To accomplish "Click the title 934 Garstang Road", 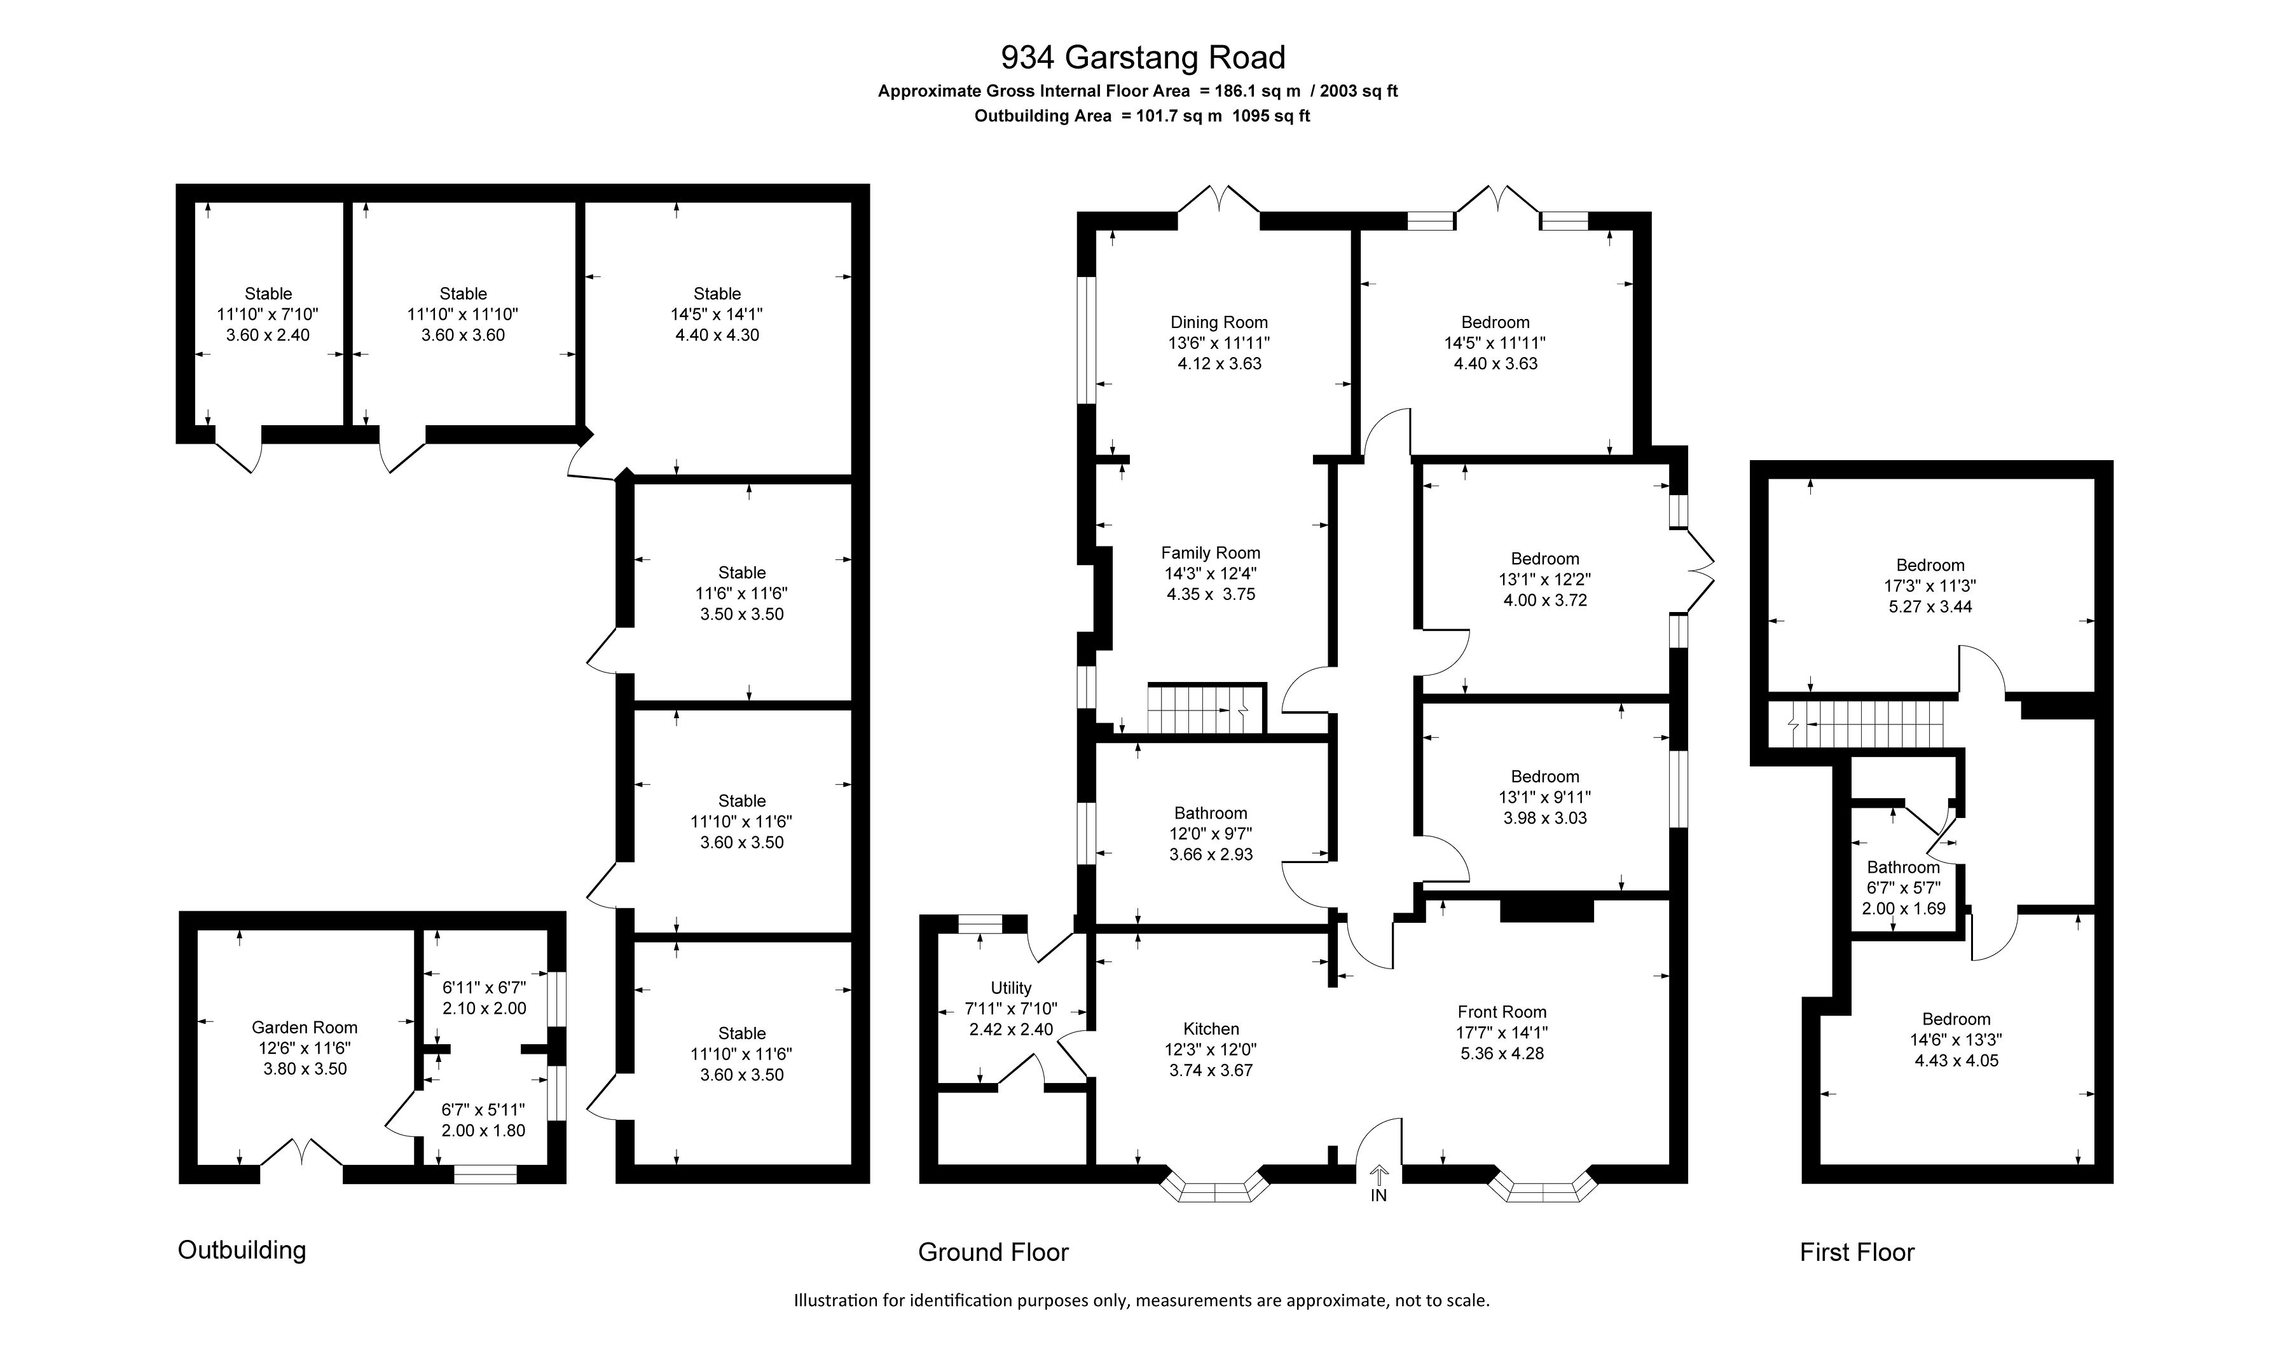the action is (x=1143, y=57).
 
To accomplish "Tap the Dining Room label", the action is (x=1218, y=322).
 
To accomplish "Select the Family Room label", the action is (x=1211, y=553).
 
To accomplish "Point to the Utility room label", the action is (x=1010, y=988).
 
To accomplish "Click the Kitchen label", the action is (x=1211, y=1029).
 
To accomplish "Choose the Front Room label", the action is (x=1502, y=1012).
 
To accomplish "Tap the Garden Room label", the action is (x=305, y=1027).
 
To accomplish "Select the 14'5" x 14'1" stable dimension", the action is (x=717, y=315).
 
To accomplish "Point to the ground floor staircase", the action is (x=1206, y=709).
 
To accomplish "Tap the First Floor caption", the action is (x=1857, y=1253).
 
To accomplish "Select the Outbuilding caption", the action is (x=242, y=1250).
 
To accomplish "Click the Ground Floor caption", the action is (x=993, y=1253).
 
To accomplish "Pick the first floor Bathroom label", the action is (x=1903, y=868).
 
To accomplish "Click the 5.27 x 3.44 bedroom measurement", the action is (x=1930, y=607).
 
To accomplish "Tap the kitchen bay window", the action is (x=1216, y=1187).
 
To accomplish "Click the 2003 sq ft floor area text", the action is (x=1359, y=91).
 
